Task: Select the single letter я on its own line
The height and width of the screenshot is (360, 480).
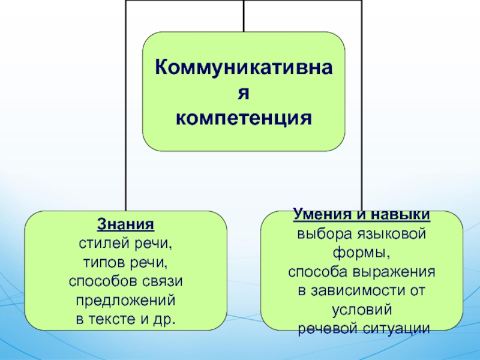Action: click(x=244, y=91)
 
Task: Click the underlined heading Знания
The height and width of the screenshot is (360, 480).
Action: click(x=126, y=226)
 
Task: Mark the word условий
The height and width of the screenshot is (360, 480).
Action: click(x=362, y=310)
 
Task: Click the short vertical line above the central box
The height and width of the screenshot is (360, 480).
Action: click(x=244, y=16)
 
